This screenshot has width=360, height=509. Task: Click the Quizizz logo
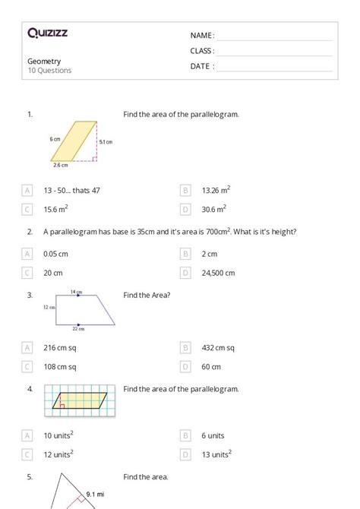47,33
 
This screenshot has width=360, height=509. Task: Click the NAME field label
202,36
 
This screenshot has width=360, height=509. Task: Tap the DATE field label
202,66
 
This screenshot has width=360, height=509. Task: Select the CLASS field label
202,51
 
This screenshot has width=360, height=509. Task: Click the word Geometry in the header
44,61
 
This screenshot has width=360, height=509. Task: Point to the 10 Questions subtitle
49,71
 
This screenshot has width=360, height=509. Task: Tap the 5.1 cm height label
106,142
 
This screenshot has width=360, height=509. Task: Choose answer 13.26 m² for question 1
216,190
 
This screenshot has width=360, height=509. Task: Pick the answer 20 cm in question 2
53,273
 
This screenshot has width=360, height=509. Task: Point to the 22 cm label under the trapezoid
79,329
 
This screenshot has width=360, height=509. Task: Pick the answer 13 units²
216,454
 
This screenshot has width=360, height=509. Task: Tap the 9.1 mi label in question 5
95,495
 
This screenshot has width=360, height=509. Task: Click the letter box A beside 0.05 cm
27,254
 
